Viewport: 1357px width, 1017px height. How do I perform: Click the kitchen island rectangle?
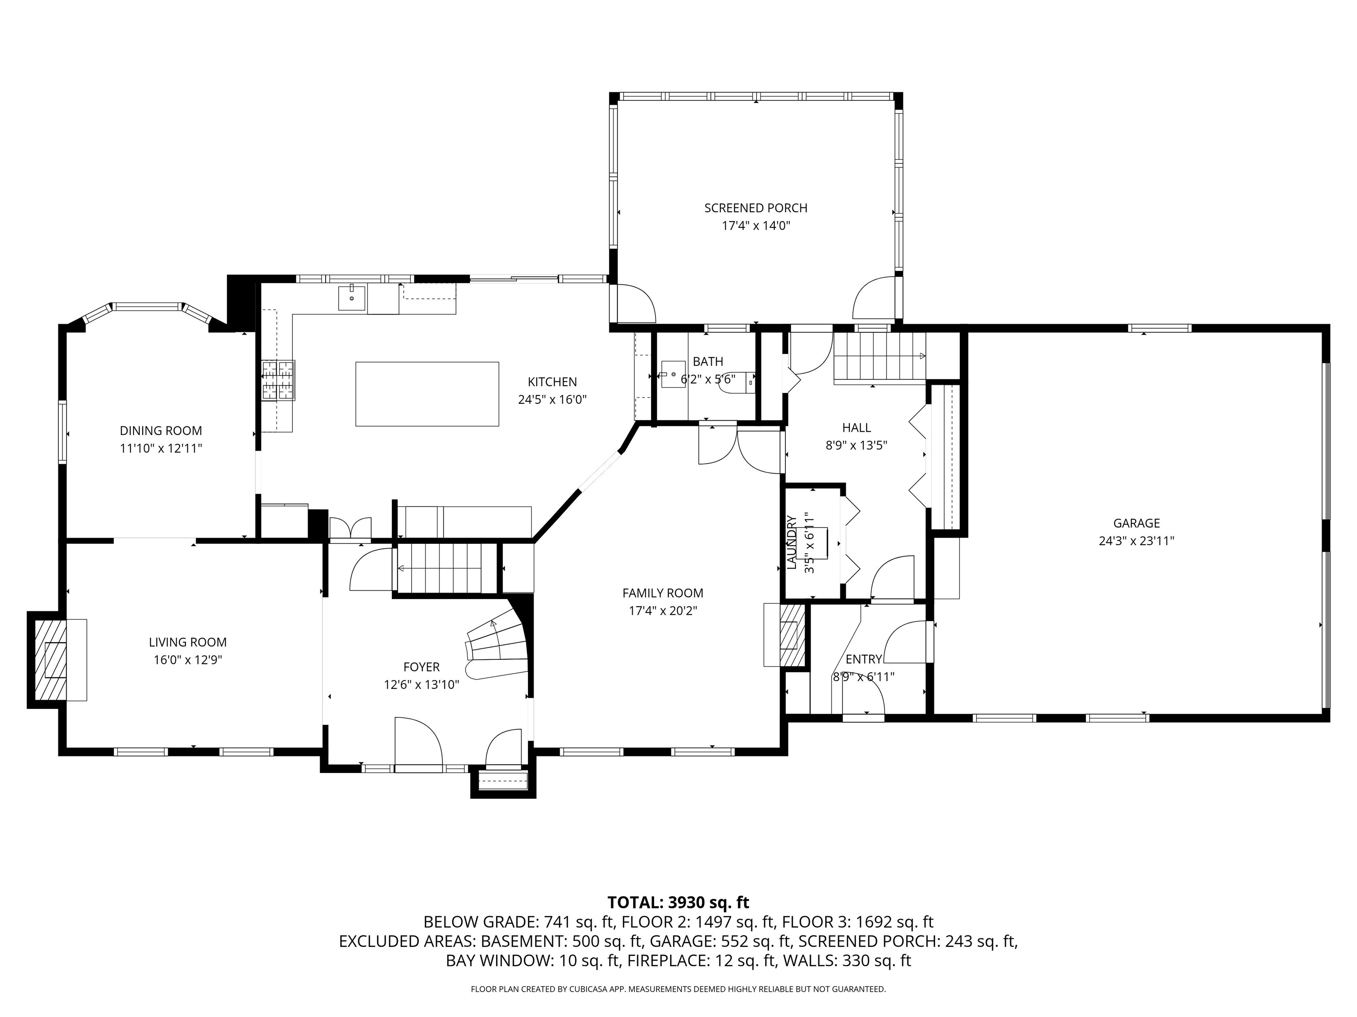pyautogui.click(x=427, y=394)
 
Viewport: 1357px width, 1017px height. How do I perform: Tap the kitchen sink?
pyautogui.click(x=352, y=298)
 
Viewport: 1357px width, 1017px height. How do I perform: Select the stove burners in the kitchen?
pyautogui.click(x=279, y=380)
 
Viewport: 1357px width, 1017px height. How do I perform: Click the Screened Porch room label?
pyautogui.click(x=756, y=208)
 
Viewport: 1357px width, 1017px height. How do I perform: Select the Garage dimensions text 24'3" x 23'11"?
pyautogui.click(x=1136, y=541)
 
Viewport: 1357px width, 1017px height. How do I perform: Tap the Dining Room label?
pyautogui.click(x=161, y=431)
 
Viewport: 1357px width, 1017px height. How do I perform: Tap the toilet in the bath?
pyautogui.click(x=745, y=380)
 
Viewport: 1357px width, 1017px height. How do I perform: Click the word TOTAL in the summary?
pyautogui.click(x=633, y=902)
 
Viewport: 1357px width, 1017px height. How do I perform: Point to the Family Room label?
pyautogui.click(x=663, y=593)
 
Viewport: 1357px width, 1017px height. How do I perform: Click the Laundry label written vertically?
pyautogui.click(x=792, y=542)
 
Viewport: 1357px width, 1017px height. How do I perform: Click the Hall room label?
pyautogui.click(x=857, y=428)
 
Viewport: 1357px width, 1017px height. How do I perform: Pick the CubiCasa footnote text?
pyautogui.click(x=678, y=989)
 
